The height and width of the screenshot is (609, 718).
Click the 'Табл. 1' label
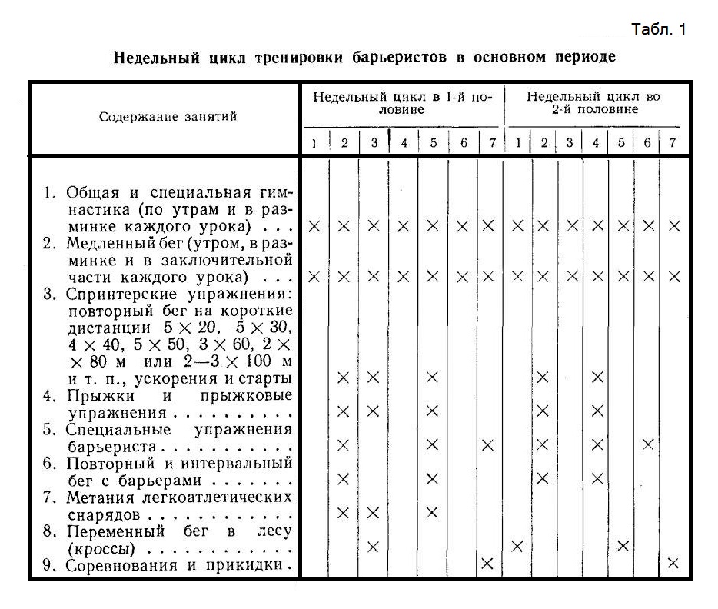coord(658,30)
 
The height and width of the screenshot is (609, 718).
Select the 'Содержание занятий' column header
coord(168,117)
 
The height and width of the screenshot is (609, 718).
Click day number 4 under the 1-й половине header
coord(404,143)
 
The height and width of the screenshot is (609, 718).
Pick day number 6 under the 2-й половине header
coord(647,143)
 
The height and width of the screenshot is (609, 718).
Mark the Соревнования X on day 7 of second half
coord(673,563)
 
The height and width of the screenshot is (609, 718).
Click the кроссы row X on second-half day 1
coord(517,546)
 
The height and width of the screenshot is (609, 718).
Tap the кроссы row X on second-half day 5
coord(623,546)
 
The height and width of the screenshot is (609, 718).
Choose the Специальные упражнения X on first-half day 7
coord(487,444)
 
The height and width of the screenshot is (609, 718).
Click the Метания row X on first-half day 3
coord(374,512)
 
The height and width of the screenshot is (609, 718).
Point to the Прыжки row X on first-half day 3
coord(374,411)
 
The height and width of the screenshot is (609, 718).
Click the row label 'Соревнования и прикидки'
coord(174,567)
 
